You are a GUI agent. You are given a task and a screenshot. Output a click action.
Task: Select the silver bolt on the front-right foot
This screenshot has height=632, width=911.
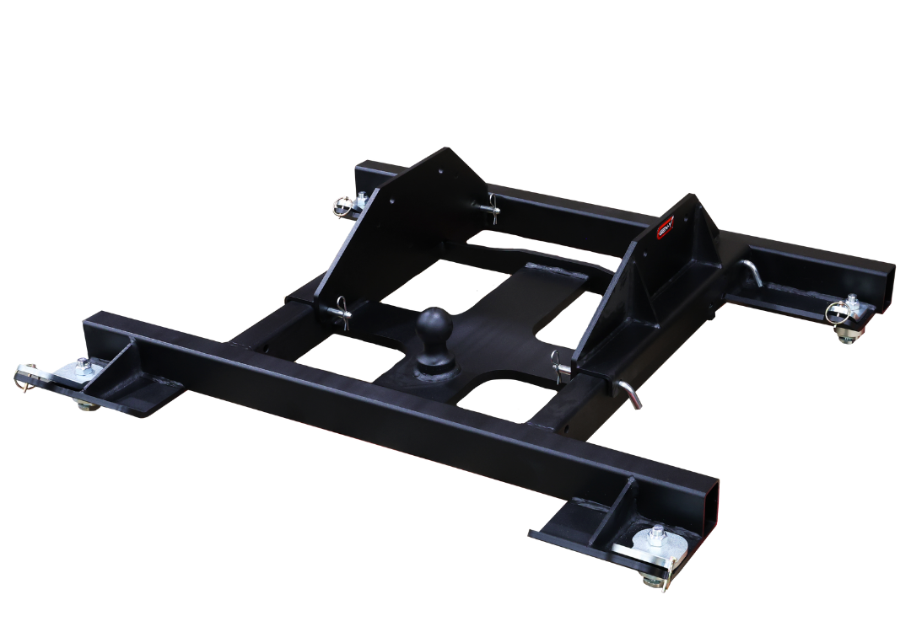655,534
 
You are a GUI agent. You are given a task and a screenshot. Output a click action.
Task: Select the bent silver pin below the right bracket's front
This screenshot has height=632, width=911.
631,392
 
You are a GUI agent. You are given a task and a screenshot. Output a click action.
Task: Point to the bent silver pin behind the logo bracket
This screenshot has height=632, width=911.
748,271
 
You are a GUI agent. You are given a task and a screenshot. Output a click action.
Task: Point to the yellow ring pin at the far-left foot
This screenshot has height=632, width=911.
24,376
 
